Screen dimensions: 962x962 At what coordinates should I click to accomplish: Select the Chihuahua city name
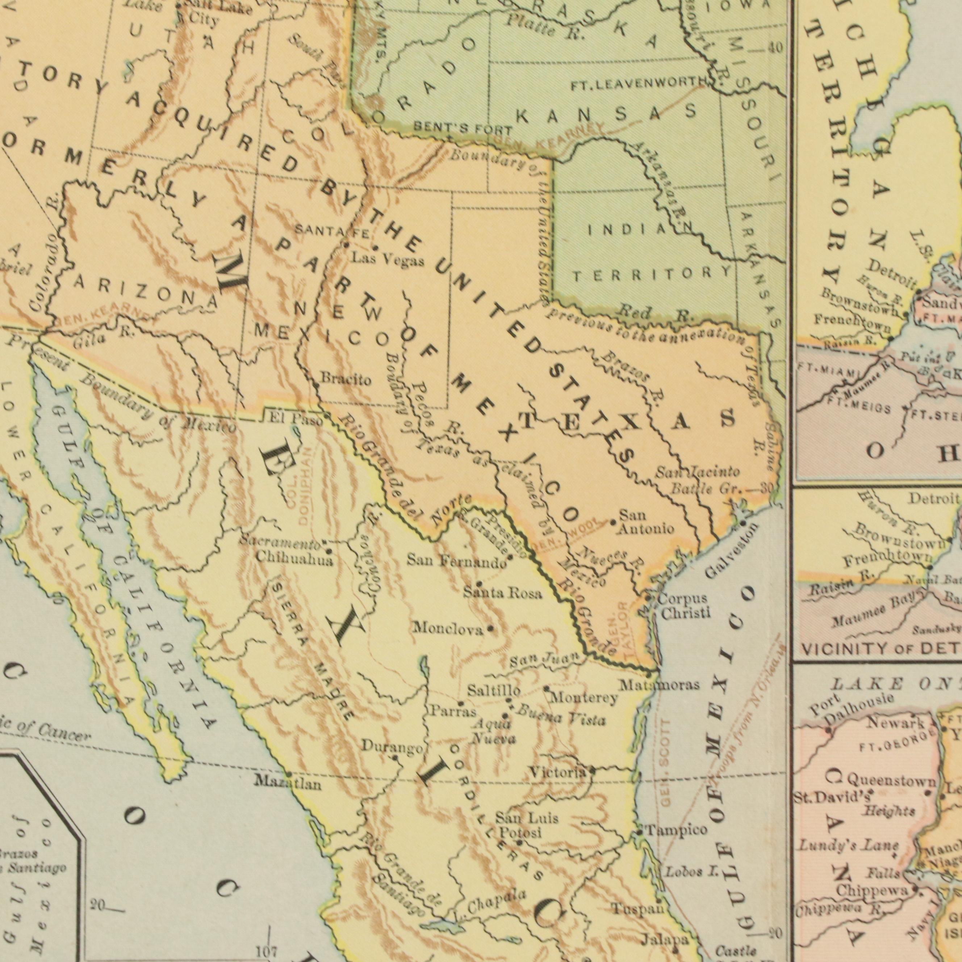point(294,559)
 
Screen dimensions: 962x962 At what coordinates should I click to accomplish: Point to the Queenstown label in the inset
point(891,780)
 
